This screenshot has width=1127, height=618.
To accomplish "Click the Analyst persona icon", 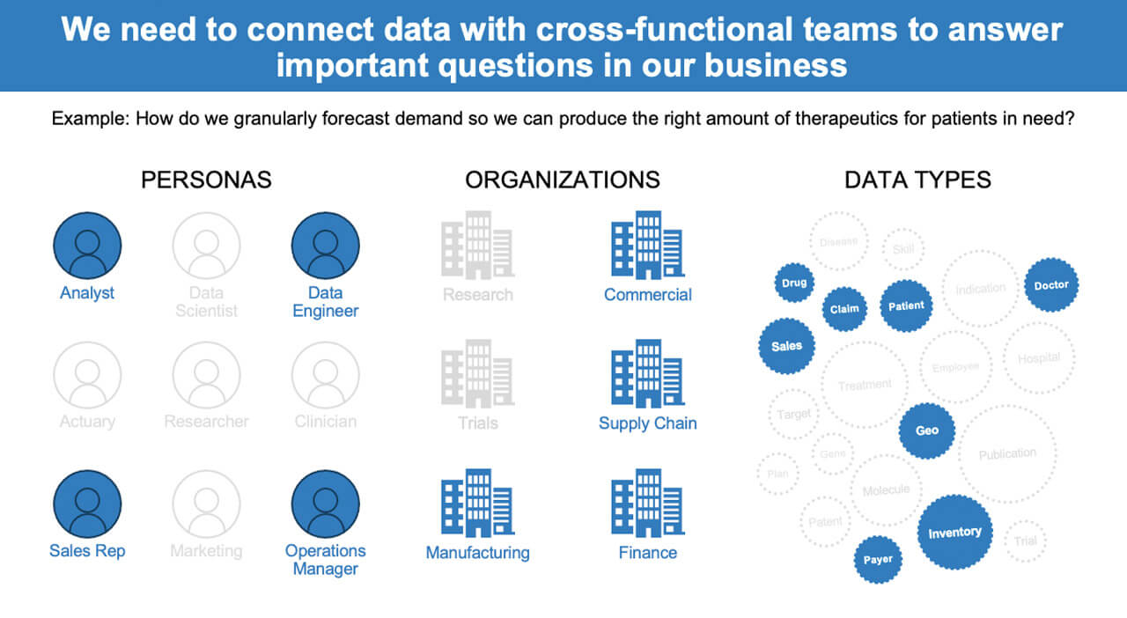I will coord(87,246).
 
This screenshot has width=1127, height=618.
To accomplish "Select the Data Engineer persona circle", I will coord(325,246).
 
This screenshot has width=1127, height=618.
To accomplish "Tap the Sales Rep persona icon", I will coord(87,504).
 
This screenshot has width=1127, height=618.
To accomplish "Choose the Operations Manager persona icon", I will coord(325,504).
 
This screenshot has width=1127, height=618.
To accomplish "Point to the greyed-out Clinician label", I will coord(325,422).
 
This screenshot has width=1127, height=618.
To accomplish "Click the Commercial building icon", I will coord(647,245).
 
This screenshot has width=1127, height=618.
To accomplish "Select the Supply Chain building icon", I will coord(647,373).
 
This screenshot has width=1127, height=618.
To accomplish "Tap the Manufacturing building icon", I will coord(477,503).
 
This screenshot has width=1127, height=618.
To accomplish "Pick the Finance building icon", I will coord(647,503).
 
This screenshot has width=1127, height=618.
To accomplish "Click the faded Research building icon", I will coord(477,245).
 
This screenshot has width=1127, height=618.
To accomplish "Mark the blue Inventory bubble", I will coord(954,532).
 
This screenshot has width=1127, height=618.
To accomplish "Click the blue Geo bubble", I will coord(926,430).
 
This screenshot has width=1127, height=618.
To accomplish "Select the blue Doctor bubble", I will coord(1051,285).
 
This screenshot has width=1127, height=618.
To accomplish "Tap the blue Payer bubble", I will coord(878,559).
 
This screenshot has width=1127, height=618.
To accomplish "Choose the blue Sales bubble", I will coord(786,346).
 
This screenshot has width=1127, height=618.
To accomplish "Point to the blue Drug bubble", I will coord(793,283).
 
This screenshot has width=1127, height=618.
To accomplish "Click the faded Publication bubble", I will coord(1007,453).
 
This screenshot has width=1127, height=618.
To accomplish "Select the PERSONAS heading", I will coord(206,180).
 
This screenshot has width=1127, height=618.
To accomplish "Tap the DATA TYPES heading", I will coord(917,180).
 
